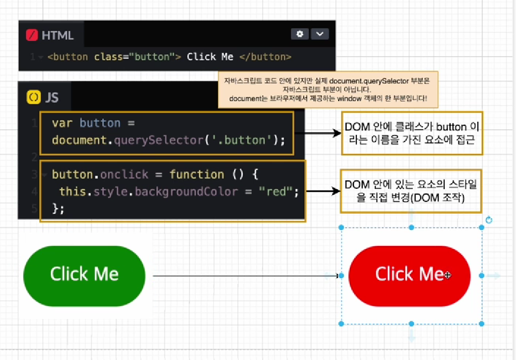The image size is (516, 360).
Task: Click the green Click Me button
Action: pyautogui.click(x=84, y=274)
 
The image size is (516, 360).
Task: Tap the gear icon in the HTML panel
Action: pyautogui.click(x=300, y=34)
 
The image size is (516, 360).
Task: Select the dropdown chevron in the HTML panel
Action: pyautogui.click(x=320, y=34)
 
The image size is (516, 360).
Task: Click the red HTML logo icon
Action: pyautogui.click(x=32, y=35)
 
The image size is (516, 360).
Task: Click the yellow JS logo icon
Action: pyautogui.click(x=33, y=97)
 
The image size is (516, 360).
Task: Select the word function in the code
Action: pyautogui.click(x=196, y=174)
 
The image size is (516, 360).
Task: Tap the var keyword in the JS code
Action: pyautogui.click(x=62, y=123)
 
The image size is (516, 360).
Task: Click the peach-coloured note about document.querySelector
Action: pyautogui.click(x=328, y=89)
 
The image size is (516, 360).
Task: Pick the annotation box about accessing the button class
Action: pyautogui.click(x=412, y=133)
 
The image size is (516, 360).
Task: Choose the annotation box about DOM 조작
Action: pyautogui.click(x=411, y=191)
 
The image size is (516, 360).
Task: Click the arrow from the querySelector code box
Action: pyautogui.click(x=317, y=133)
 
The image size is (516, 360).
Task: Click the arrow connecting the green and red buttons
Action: pyautogui.click(x=244, y=276)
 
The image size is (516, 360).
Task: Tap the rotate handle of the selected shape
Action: pyautogui.click(x=489, y=220)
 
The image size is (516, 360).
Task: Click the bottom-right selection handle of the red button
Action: pyautogui.click(x=481, y=323)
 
